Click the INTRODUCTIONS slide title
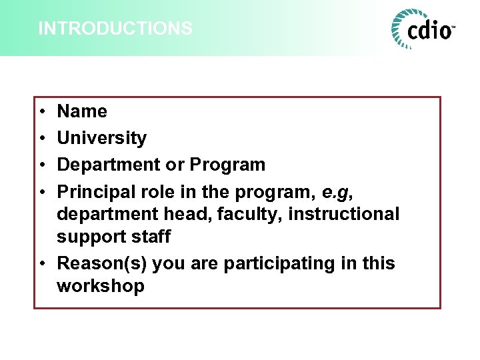coord(115,29)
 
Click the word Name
coord(82,111)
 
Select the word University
coord(102,138)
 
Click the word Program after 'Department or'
coord(227,165)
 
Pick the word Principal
coord(96,191)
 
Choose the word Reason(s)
coord(102,263)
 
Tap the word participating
coord(281,263)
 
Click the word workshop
coord(101,286)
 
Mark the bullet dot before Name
coord(41,112)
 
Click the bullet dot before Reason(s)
coord(41,264)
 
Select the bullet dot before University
coord(41,139)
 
